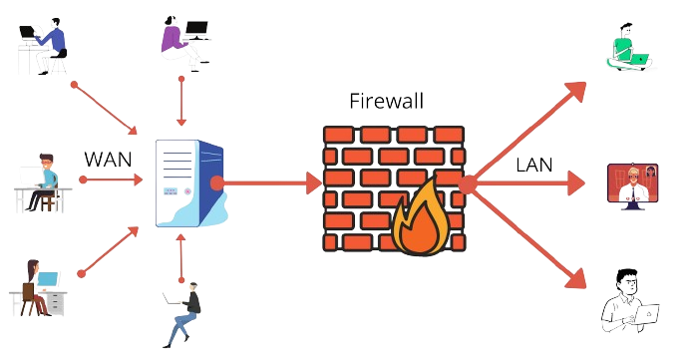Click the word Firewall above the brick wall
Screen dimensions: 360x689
pos(386,101)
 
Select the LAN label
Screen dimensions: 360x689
pos(534,165)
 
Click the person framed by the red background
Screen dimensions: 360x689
pos(635,184)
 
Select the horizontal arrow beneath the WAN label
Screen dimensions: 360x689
pos(109,180)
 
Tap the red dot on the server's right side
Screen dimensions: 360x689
pos(228,182)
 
